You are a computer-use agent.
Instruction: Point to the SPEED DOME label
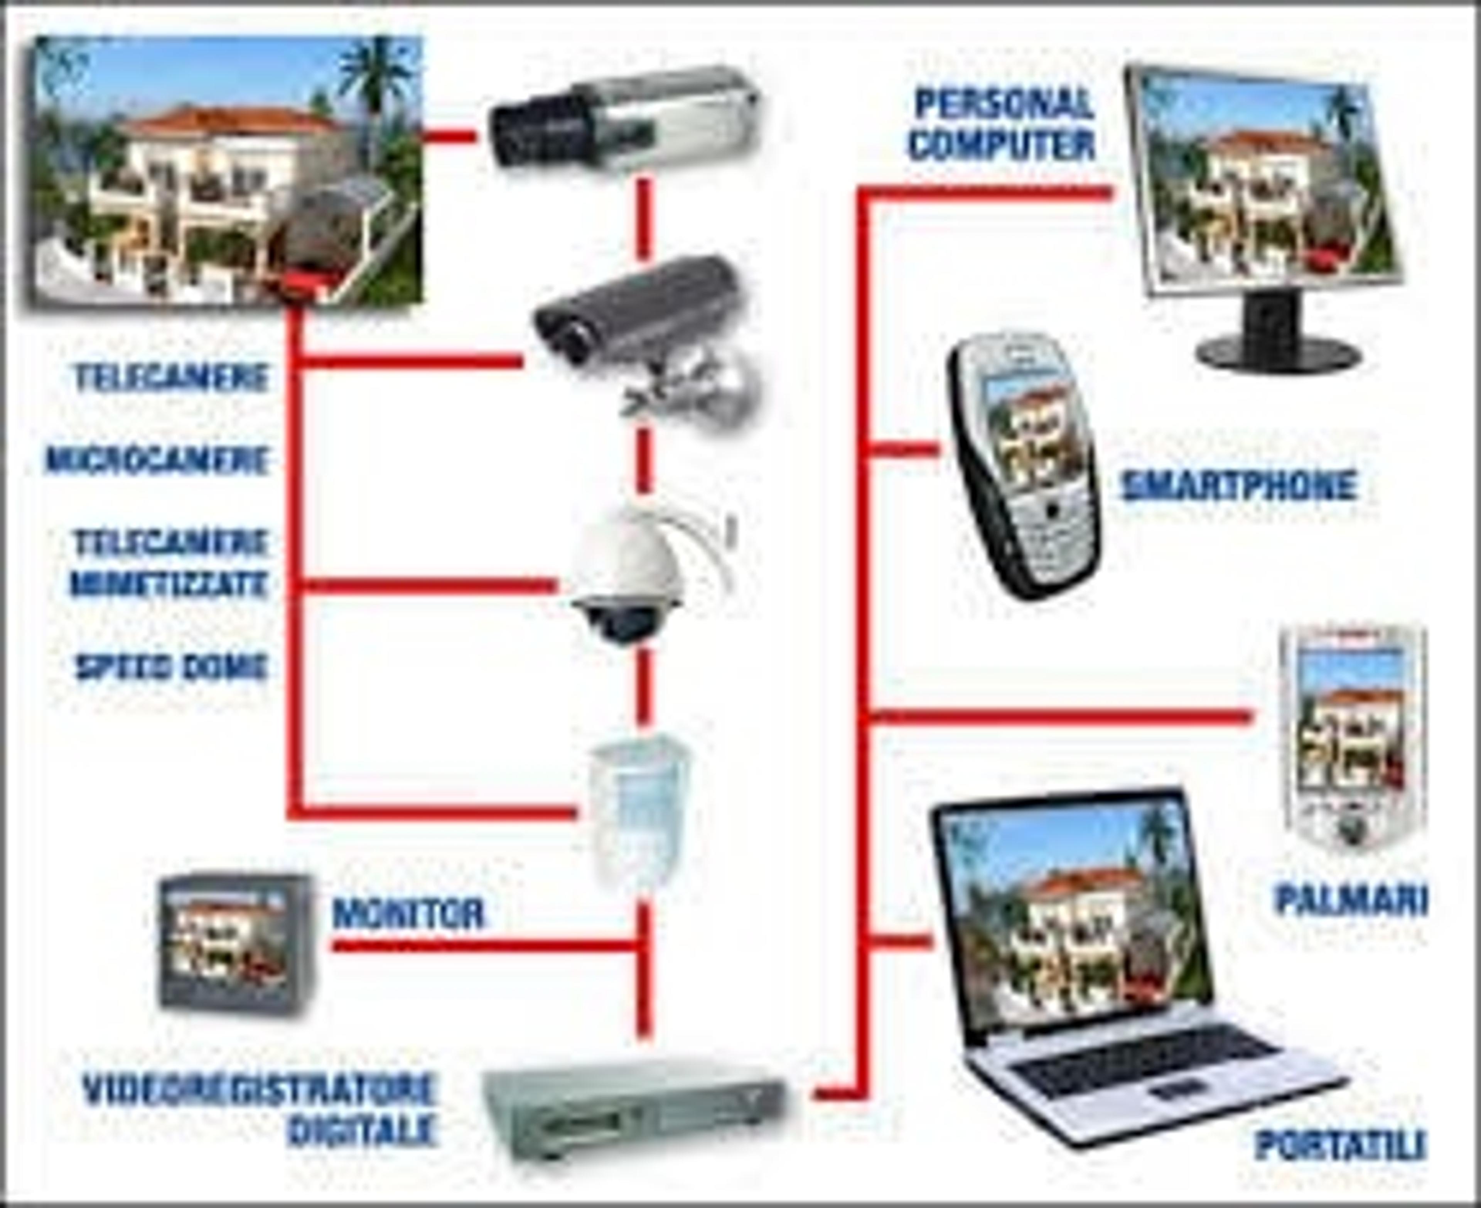[x=171, y=667]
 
